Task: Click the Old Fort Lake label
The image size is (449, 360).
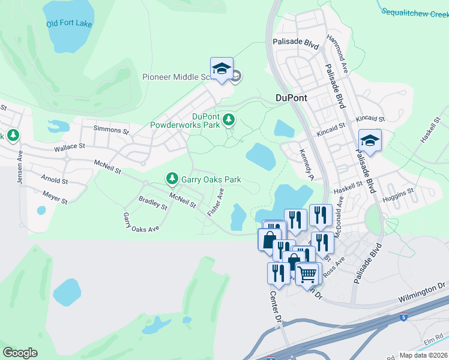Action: (x=69, y=24)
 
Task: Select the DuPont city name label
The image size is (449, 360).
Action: (x=291, y=97)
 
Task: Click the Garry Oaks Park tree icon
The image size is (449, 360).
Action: (x=172, y=179)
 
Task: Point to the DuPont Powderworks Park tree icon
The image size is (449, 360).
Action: (x=228, y=121)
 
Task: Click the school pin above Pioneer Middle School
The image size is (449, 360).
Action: (x=221, y=70)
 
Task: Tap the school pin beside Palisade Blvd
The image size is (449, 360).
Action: (x=370, y=142)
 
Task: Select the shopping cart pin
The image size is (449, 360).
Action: (x=307, y=274)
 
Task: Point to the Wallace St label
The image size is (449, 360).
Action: (x=70, y=146)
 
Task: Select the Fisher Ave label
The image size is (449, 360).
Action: (x=215, y=202)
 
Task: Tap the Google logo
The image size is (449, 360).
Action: (x=20, y=353)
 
